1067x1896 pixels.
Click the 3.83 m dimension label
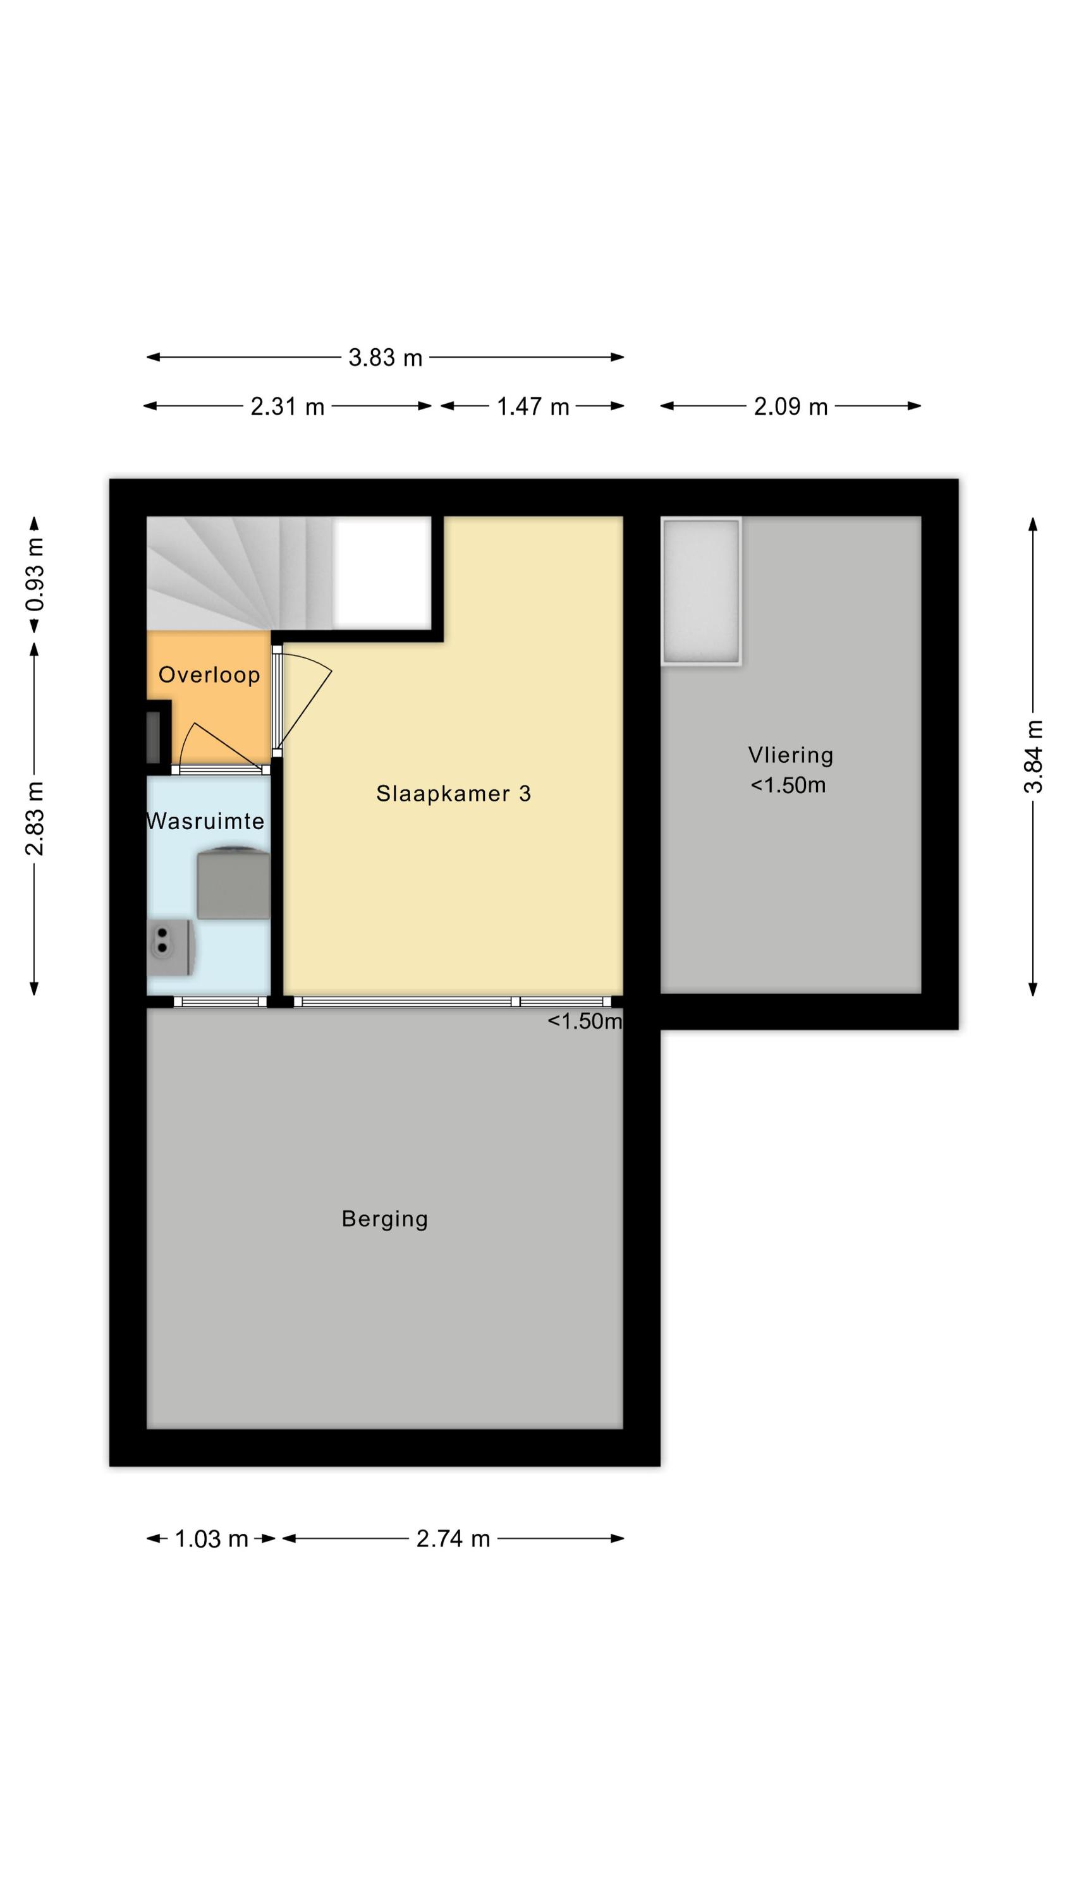(385, 358)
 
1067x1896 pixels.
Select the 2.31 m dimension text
(287, 406)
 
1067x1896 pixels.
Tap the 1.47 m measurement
(532, 406)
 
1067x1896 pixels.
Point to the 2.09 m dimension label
(790, 406)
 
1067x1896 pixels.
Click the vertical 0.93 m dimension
(35, 574)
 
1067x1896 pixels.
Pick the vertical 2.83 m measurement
(35, 818)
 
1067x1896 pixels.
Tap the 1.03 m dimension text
(210, 1538)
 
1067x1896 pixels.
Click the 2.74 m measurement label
(453, 1538)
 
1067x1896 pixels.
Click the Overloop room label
(209, 675)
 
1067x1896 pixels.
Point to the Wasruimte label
(205, 821)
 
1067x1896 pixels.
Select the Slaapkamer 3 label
(454, 793)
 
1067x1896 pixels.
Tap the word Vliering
(790, 755)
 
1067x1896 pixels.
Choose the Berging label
(384, 1220)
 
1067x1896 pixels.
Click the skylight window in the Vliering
(701, 592)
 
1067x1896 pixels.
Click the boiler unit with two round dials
(171, 948)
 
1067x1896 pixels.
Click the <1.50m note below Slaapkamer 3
(585, 1021)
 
